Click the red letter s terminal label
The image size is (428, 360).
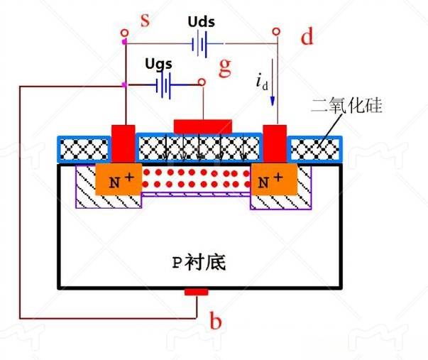click(145, 19)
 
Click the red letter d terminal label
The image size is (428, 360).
click(307, 37)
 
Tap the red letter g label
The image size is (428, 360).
click(225, 67)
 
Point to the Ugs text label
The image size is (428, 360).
click(158, 63)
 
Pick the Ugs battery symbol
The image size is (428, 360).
click(165, 86)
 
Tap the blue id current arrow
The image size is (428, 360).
click(272, 92)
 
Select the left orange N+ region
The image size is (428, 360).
click(116, 181)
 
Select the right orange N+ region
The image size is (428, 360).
click(273, 181)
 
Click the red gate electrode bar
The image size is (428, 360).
click(203, 126)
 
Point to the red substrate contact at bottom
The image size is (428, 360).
click(196, 292)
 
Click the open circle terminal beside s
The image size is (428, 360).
click(124, 32)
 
